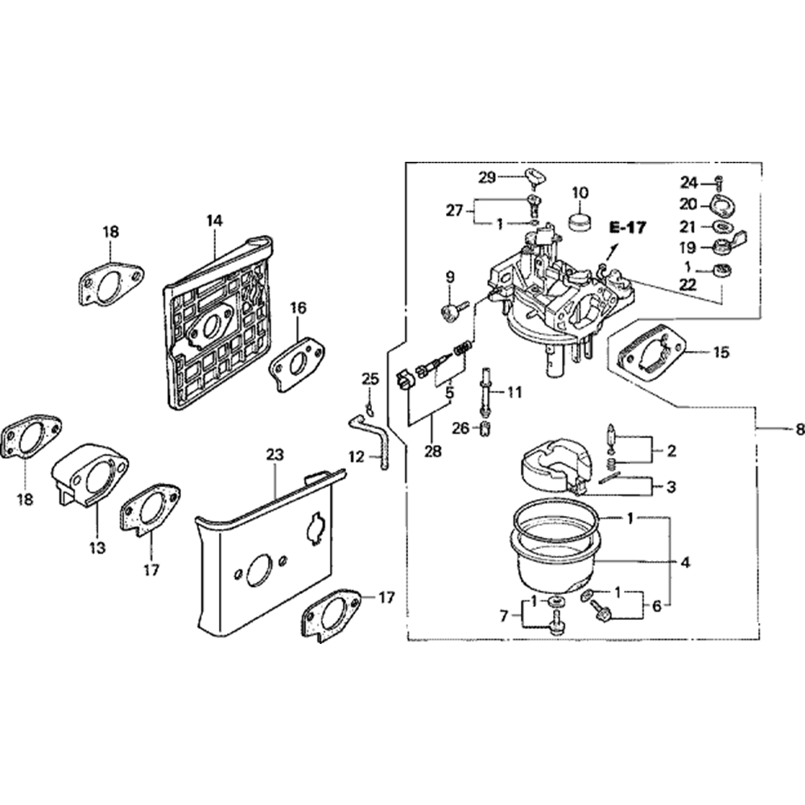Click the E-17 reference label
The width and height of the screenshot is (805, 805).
click(x=627, y=228)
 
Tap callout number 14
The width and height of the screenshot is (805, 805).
click(x=214, y=219)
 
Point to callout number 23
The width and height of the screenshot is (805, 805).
click(x=275, y=455)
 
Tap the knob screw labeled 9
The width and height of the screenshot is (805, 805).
click(x=454, y=311)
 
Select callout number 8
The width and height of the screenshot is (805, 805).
click(x=799, y=431)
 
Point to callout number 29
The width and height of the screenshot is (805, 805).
click(x=508, y=176)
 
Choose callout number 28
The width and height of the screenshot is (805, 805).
click(x=433, y=452)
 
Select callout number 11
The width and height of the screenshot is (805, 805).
click(x=514, y=393)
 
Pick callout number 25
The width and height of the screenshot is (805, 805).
click(x=369, y=378)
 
